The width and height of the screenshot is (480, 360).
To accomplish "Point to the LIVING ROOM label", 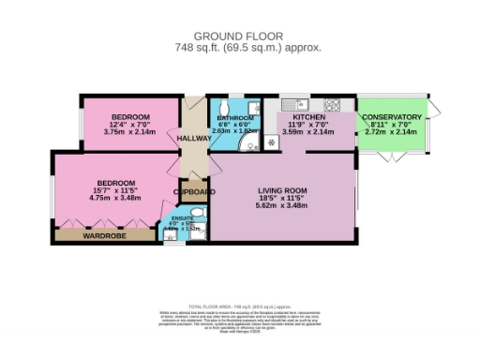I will point(282,190).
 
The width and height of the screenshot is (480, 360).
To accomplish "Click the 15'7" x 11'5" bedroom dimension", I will point(113,190).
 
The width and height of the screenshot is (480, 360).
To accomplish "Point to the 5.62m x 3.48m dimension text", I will point(282,207).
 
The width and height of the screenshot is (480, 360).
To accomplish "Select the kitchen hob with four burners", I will point(333,102).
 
